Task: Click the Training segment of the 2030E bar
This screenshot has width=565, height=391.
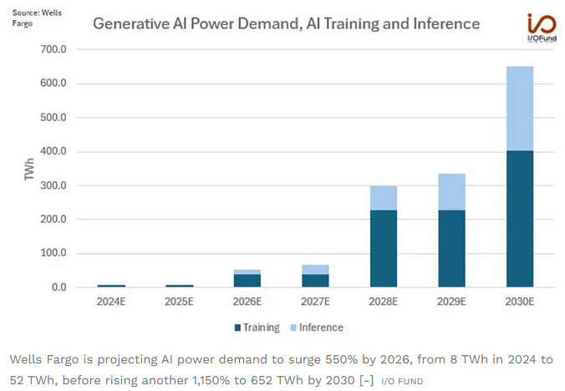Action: pos(519,219)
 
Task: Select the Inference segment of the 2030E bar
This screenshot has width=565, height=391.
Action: pos(519,109)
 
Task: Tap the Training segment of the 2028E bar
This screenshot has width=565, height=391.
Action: pos(384,248)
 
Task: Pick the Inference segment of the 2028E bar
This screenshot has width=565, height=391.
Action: pos(384,198)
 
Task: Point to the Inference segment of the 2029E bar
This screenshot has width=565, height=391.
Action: pos(451,191)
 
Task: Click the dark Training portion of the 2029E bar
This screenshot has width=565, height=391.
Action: pos(451,248)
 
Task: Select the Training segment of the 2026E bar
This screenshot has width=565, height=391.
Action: pos(247,281)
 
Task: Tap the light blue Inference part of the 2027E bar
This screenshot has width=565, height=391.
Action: pos(315,269)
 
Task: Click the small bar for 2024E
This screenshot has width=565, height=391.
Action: pos(111,286)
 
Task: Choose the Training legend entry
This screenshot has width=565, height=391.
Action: pos(257,328)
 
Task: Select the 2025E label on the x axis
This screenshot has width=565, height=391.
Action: pos(179,302)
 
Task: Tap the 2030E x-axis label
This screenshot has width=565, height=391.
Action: pos(519,302)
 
